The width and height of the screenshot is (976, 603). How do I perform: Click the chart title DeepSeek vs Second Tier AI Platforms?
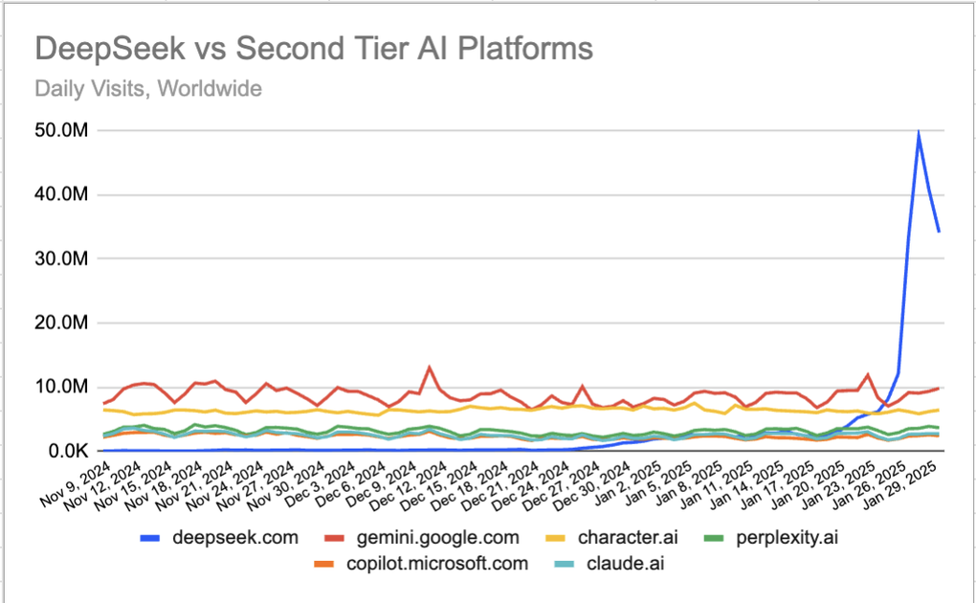(x=313, y=49)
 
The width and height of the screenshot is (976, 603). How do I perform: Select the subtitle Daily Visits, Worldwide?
(x=148, y=89)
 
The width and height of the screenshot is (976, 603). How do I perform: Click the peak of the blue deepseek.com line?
(x=919, y=133)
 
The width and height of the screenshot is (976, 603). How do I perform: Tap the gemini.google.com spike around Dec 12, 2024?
(x=430, y=367)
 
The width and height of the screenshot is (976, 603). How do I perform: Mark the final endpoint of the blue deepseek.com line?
(x=940, y=232)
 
